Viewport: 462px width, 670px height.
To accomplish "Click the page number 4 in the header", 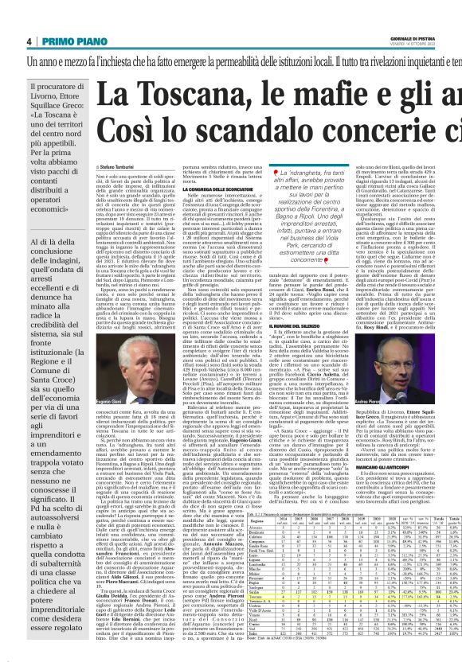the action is pos(29,41).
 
